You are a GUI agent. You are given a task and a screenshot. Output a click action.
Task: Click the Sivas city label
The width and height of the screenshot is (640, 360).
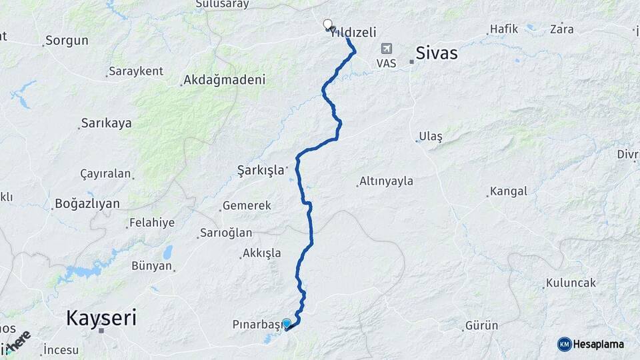[x=436, y=53]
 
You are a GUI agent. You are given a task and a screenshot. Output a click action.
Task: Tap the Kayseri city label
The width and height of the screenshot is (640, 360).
[x=101, y=317]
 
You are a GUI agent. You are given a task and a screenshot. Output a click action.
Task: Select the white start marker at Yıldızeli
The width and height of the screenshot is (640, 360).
[x=327, y=25]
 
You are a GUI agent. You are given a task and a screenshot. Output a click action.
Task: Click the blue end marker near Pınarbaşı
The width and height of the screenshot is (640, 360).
[x=287, y=324]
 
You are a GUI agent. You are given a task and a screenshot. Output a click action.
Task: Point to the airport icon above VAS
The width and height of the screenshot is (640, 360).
[x=386, y=49]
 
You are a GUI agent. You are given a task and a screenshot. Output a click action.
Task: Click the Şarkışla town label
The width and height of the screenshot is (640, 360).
[x=261, y=170]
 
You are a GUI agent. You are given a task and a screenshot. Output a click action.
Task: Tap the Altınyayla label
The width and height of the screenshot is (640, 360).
[x=386, y=181]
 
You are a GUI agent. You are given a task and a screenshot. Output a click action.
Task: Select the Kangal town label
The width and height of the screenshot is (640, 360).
[x=508, y=191]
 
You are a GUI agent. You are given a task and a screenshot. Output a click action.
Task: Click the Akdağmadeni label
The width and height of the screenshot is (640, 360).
[x=224, y=80]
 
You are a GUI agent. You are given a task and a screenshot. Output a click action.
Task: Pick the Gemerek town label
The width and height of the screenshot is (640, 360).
[x=247, y=206]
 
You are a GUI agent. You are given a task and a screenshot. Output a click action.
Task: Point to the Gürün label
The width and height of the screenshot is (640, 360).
[x=482, y=326]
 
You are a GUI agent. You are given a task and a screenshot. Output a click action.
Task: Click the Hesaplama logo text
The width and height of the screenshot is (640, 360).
[x=599, y=344]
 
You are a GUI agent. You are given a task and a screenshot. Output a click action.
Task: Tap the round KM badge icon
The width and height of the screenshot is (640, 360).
[x=564, y=344]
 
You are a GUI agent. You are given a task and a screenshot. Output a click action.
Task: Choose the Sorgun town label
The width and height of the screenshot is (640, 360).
[x=67, y=41]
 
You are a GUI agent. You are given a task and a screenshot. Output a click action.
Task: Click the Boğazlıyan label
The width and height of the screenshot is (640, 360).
[x=87, y=203]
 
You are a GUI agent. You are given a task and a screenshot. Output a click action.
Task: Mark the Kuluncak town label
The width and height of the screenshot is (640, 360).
[x=571, y=283]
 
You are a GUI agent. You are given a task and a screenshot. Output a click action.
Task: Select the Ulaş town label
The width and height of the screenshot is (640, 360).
[x=431, y=137]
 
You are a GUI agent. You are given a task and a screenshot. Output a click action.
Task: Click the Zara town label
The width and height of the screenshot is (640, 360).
[x=562, y=29]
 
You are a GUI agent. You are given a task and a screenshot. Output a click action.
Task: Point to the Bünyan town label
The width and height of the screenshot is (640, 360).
[x=152, y=267]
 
